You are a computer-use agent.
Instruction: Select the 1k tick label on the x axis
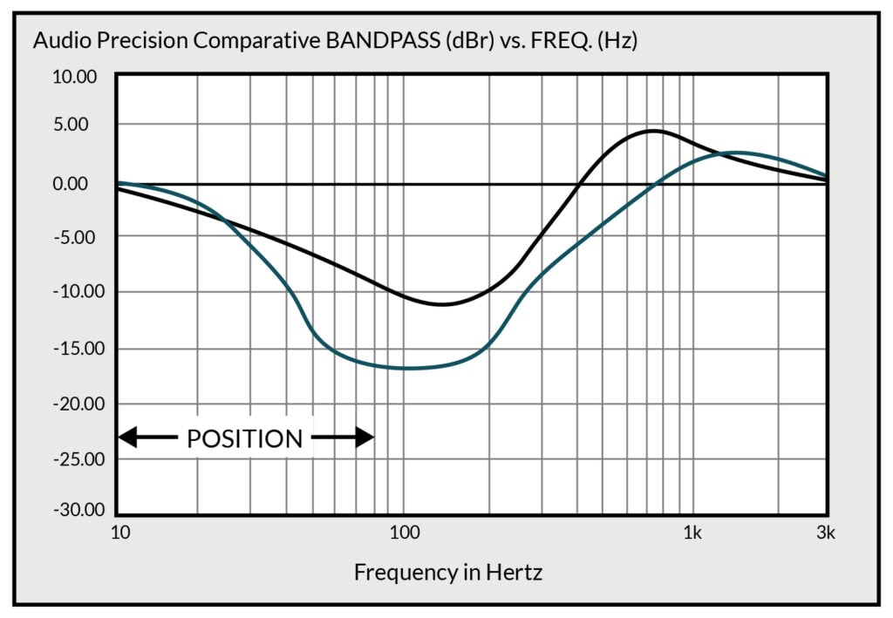click(x=692, y=533)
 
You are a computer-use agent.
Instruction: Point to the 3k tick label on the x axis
click(x=825, y=533)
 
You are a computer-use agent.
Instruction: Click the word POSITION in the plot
click(x=244, y=438)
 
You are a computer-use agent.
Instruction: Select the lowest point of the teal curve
click(x=406, y=368)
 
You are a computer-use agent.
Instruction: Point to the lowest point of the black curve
click(x=444, y=304)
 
